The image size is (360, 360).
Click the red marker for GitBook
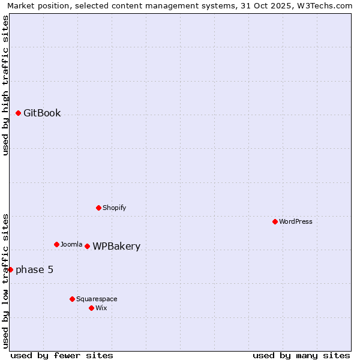point(18,113)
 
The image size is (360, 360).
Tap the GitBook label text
point(42,113)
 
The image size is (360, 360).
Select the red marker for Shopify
point(98,208)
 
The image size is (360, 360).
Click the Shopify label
point(114,208)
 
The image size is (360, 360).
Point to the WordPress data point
point(275,221)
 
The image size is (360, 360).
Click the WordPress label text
point(296,222)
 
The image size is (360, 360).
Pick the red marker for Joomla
point(56,244)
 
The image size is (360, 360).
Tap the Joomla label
point(71,245)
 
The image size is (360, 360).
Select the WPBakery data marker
point(87,246)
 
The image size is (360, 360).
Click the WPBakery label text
point(116,247)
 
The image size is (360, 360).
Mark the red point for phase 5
point(10,269)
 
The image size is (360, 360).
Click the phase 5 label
point(34,270)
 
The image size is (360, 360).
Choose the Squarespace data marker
point(72,299)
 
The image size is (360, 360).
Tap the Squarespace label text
point(97,299)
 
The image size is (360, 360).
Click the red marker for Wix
point(91,308)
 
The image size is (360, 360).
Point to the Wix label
point(101,308)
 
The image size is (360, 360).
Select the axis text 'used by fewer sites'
point(62,355)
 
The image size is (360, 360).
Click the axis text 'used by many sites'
point(301,355)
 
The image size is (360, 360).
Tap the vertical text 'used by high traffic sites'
point(5,85)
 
